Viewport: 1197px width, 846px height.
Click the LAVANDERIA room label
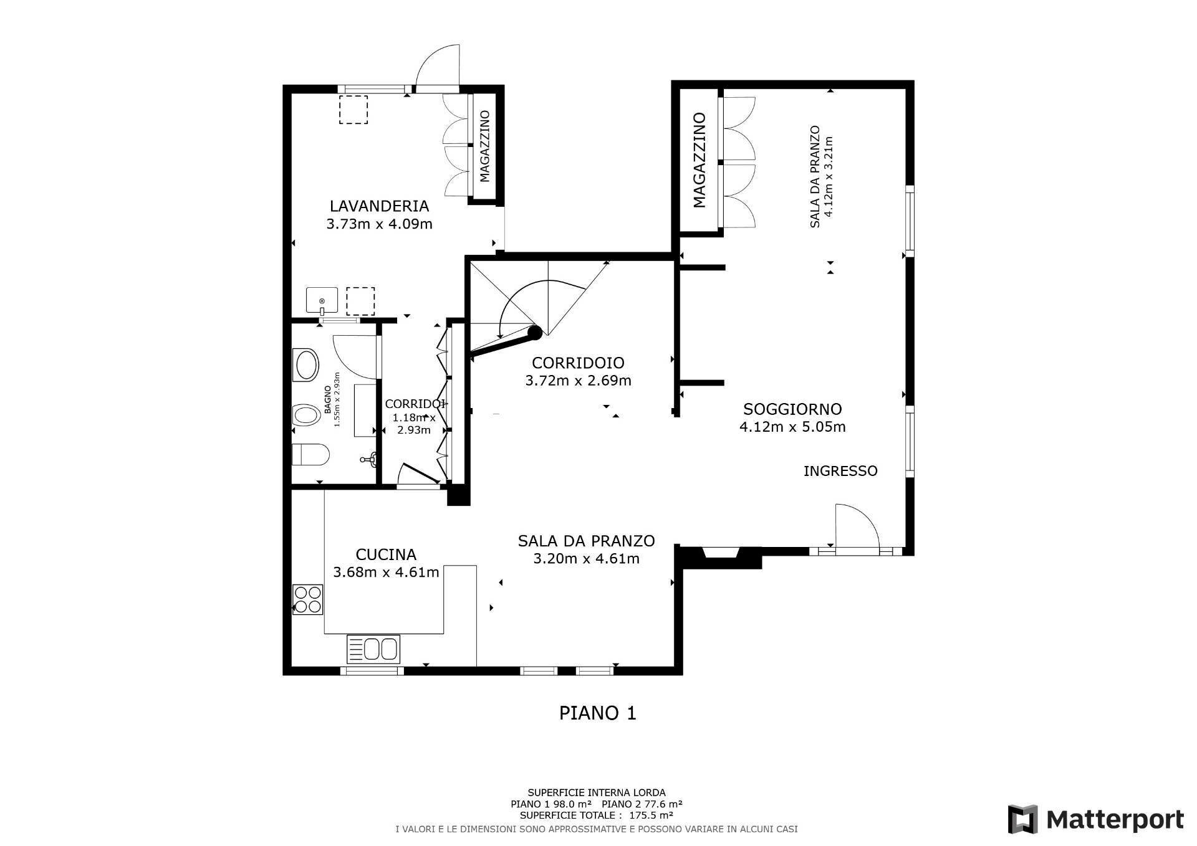tap(379, 206)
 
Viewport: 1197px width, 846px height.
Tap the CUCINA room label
tap(386, 554)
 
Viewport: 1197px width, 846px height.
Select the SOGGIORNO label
tap(792, 409)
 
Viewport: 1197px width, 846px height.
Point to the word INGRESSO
tap(840, 471)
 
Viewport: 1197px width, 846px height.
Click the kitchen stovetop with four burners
tap(308, 599)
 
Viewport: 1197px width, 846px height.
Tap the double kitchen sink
tap(373, 649)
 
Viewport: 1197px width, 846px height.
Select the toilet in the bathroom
tap(310, 455)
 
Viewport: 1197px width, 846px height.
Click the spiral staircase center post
tap(534, 332)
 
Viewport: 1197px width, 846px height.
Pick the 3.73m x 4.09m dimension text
tap(379, 224)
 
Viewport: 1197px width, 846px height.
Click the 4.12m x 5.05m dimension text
tap(792, 427)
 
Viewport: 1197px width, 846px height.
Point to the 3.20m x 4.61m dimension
tap(586, 559)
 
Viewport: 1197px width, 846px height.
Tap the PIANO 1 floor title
tap(597, 713)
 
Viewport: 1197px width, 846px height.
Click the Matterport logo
tap(1096, 819)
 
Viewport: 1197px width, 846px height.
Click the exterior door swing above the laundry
tap(438, 66)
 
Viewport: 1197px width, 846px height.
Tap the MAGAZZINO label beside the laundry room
tap(485, 146)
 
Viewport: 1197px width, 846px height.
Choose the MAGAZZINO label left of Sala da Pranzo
tap(699, 160)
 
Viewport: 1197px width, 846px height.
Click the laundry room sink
tap(322, 300)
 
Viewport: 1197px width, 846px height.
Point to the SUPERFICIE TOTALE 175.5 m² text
tap(596, 815)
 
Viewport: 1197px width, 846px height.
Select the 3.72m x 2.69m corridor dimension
tap(578, 380)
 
